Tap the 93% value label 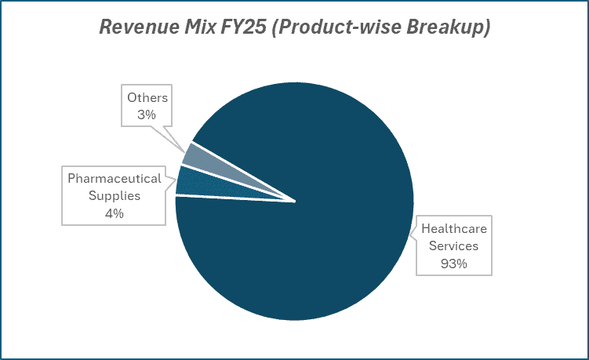453,264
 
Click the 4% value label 115,213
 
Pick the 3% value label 148,115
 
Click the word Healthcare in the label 453,229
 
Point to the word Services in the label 453,245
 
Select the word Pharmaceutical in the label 115,178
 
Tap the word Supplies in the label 115,195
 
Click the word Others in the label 148,98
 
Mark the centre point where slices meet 295,201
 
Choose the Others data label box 148,107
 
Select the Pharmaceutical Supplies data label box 115,195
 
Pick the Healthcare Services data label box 453,245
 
